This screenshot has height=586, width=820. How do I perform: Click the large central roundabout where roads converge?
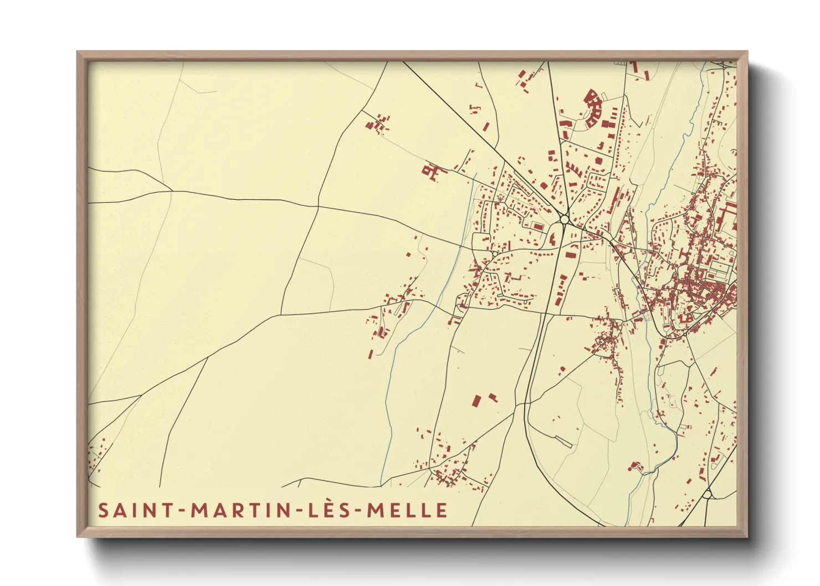click(x=565, y=220)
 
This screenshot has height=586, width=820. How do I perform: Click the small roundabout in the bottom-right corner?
click(x=708, y=494)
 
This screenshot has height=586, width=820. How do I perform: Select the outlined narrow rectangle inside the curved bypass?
click(x=563, y=441)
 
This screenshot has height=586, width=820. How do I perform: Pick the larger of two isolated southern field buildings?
click(x=476, y=400)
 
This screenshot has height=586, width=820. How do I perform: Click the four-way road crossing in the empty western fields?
click(x=318, y=207)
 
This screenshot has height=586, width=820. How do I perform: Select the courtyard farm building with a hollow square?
click(x=432, y=171)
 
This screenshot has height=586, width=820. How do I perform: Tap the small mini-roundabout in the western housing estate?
click(x=493, y=254)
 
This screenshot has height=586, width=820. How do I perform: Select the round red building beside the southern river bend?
click(x=635, y=465)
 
